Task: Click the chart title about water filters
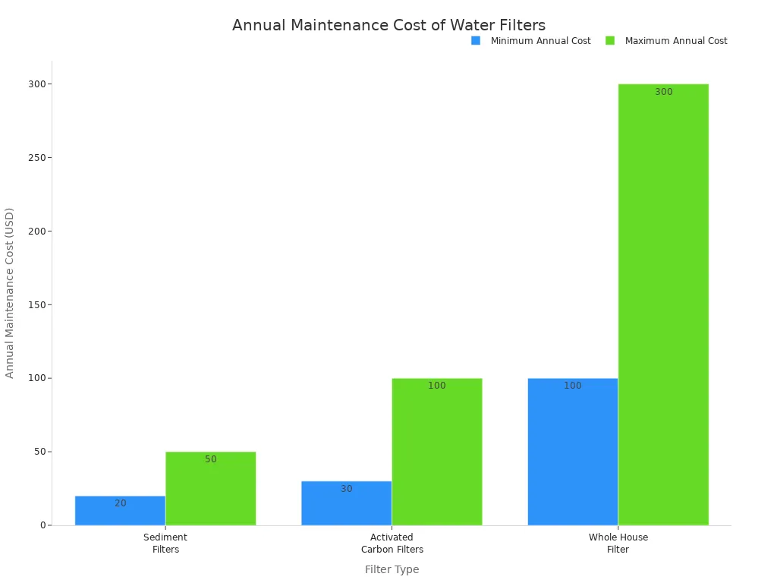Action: tap(388, 26)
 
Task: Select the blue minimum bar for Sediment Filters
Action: tap(120, 511)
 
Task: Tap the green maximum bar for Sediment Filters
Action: tap(210, 489)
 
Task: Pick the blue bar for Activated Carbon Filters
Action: tap(346, 503)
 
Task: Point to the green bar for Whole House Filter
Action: tap(663, 304)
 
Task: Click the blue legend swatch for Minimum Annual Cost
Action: tap(476, 41)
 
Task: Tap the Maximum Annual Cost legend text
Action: tap(675, 41)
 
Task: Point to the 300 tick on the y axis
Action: tap(36, 84)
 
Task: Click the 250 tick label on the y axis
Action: tap(36, 158)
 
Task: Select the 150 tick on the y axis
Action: tap(36, 305)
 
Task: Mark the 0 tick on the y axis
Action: tap(44, 525)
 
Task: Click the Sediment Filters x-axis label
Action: tap(165, 544)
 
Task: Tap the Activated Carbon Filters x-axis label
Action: tap(392, 544)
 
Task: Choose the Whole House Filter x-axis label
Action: tap(618, 544)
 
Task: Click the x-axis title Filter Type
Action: tap(392, 569)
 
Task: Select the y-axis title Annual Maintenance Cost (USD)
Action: tap(10, 292)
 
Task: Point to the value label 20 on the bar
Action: tap(121, 503)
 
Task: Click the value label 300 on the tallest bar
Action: tap(663, 92)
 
